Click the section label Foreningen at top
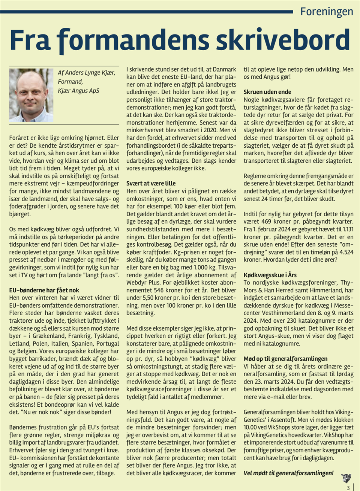tap(327, 12)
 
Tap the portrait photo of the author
tap(31, 95)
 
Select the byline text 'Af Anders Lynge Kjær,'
tap(87, 73)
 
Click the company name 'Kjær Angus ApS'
tap(78, 91)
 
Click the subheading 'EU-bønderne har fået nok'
tap(44, 290)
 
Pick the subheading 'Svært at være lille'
tap(151, 183)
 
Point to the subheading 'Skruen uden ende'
tap(267, 92)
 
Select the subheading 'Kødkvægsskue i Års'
tap(270, 275)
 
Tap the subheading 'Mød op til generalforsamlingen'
tap(285, 359)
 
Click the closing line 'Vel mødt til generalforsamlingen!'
tap(288, 473)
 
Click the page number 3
tap(348, 488)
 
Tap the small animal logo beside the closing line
tap(346, 478)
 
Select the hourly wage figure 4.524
tap(346, 252)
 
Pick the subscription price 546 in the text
tap(159, 290)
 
